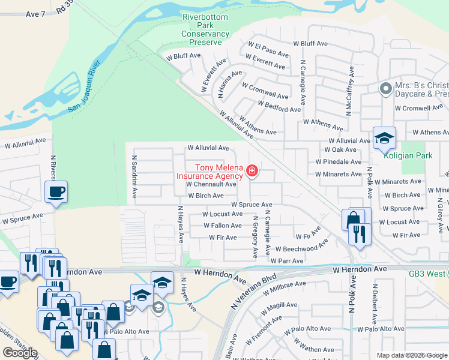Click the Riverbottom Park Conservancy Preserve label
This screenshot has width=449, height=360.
pos(205,30)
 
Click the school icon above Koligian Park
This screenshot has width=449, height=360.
pos(384,139)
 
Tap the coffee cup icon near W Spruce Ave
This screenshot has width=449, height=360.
pos(56,192)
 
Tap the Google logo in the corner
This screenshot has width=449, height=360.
pos(20,352)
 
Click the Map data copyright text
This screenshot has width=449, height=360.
pos(412,355)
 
